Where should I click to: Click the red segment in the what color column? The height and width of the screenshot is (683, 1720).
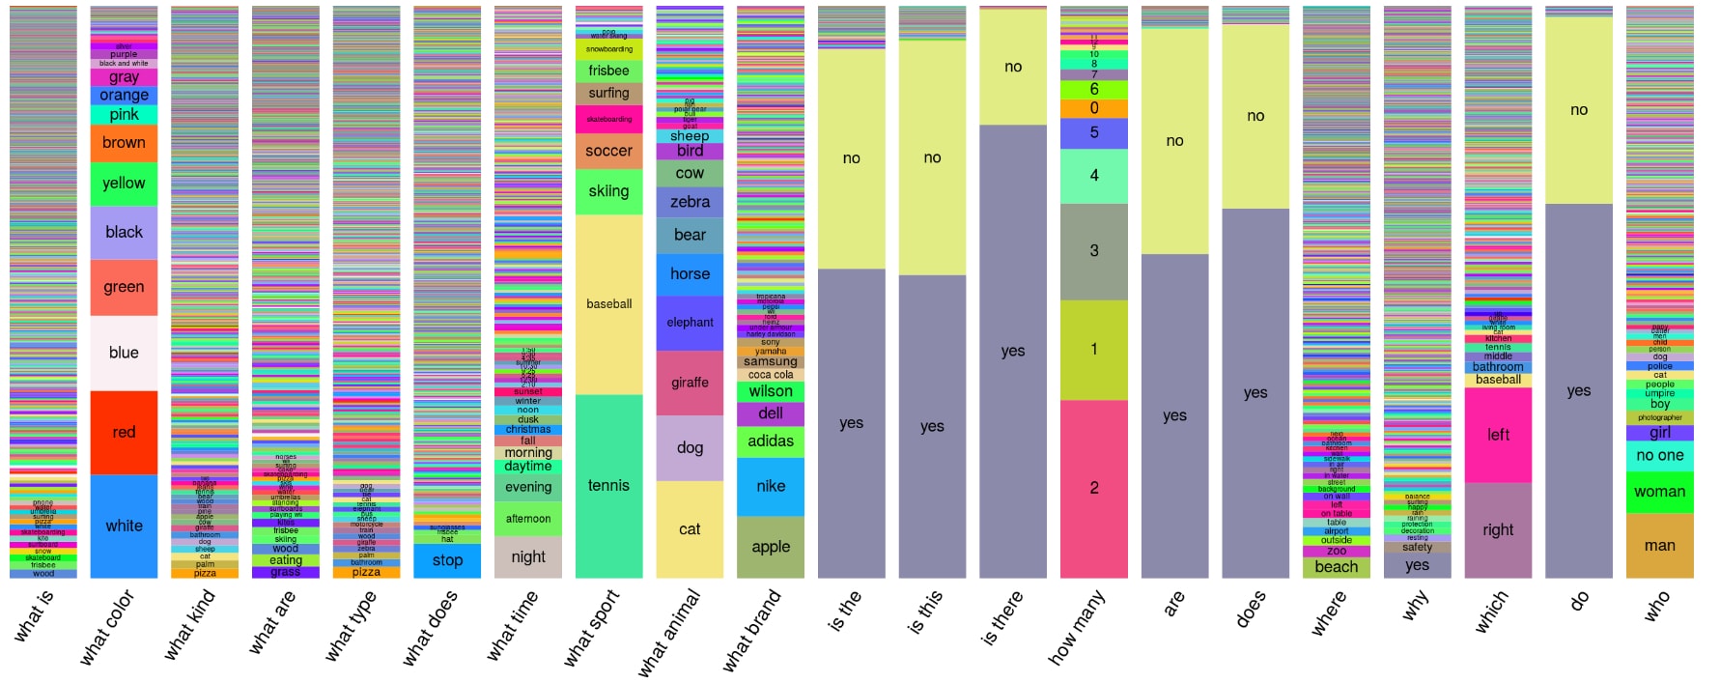(124, 432)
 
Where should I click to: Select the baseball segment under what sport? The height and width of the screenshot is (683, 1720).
(608, 303)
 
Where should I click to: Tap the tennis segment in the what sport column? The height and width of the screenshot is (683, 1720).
(608, 485)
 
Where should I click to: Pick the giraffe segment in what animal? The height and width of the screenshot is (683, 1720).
(690, 383)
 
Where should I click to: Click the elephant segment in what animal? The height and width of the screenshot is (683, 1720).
(690, 323)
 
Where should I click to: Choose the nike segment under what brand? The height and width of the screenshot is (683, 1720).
(771, 486)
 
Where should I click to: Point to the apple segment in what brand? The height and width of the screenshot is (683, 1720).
(771, 547)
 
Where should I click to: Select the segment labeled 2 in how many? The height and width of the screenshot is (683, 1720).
(1094, 488)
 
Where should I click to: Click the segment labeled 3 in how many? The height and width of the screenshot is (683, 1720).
(1094, 250)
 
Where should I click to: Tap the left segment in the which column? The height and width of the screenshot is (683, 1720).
(1498, 435)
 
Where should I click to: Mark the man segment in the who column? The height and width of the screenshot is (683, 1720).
(1659, 546)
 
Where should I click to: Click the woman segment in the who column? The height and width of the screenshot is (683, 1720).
(1659, 492)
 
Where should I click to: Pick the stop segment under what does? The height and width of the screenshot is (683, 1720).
(447, 560)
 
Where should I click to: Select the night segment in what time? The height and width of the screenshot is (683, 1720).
(528, 556)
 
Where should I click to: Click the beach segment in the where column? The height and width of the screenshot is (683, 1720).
(1336, 567)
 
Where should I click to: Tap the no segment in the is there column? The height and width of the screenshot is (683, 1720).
(1013, 67)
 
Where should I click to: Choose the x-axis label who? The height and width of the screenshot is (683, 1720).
(1656, 607)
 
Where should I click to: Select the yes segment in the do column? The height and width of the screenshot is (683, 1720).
(1579, 390)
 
